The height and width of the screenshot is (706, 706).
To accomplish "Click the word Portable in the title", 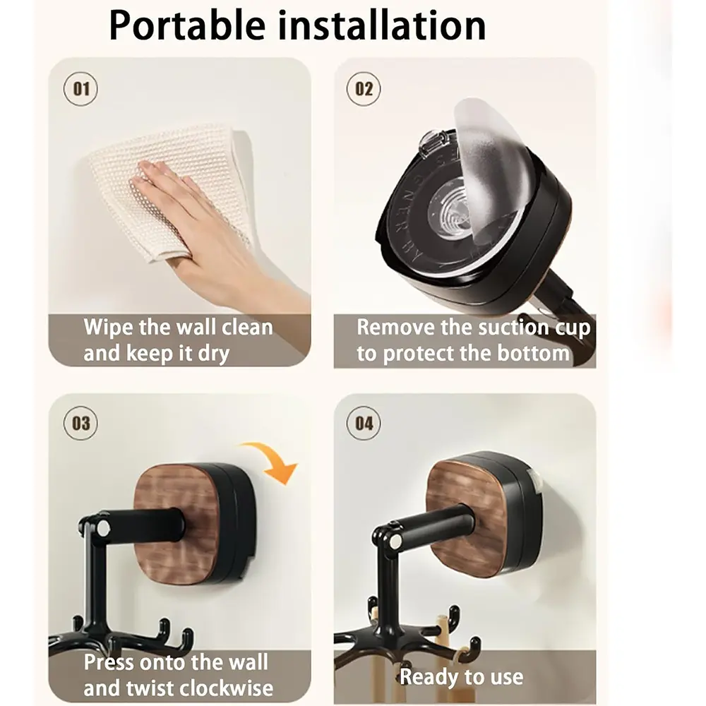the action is point(187,26).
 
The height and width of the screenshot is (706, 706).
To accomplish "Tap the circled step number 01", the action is point(80,89).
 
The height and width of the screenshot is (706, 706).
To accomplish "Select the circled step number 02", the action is point(364,89).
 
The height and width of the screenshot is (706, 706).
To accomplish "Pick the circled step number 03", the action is point(80,423).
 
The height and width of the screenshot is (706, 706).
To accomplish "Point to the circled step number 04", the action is point(364,423).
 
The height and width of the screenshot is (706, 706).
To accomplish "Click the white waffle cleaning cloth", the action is point(169,189).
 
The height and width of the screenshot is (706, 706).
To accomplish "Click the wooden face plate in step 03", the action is point(178,525).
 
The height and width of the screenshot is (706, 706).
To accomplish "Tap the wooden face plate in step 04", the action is point(466,517).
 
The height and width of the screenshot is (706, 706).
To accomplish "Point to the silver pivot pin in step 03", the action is point(104,527).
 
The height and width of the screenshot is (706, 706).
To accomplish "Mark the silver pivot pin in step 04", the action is point(396,541).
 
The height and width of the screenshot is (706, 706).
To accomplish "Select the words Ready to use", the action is point(462,677).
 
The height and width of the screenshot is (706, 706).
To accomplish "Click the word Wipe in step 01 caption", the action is point(109,328).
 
